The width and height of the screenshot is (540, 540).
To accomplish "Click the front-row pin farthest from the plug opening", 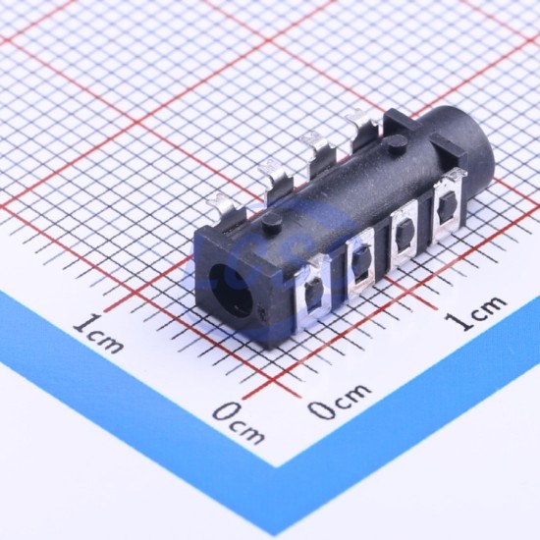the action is (x=447, y=206).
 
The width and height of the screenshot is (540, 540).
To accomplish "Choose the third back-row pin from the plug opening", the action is (x=317, y=151).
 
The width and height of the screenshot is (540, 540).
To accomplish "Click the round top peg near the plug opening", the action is (x=273, y=222).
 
